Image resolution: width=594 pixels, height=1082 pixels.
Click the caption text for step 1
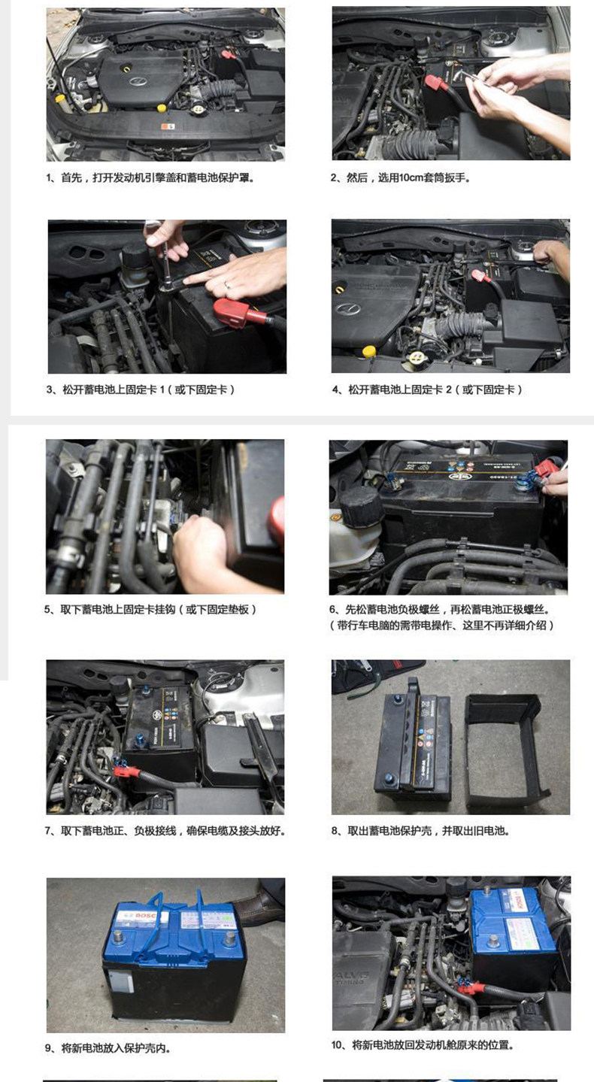(x=150, y=177)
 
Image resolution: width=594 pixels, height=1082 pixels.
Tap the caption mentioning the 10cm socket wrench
(x=400, y=177)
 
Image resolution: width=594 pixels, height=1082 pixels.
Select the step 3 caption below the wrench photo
(x=141, y=389)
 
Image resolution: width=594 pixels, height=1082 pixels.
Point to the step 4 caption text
(x=427, y=389)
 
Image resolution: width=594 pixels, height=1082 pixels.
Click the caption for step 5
(x=150, y=610)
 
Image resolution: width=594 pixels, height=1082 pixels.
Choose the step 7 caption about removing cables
(x=165, y=831)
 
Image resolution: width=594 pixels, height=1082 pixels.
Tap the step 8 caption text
(x=420, y=831)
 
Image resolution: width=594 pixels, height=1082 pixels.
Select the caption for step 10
(x=423, y=1045)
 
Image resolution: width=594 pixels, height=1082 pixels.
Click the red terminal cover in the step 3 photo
(x=239, y=313)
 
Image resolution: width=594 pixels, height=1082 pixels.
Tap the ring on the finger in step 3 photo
(x=228, y=284)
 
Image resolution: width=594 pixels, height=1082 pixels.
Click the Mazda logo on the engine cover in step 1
(x=138, y=82)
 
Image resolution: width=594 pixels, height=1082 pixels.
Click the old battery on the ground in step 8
(x=413, y=741)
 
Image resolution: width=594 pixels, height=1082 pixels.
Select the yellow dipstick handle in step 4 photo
(x=369, y=350)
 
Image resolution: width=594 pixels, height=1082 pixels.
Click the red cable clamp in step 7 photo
(x=126, y=768)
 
